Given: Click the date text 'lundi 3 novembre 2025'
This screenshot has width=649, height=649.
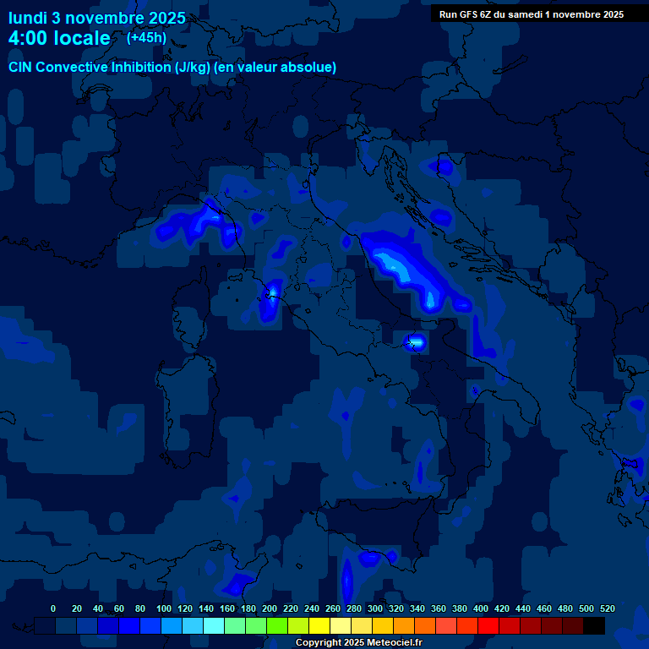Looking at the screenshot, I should (97, 18).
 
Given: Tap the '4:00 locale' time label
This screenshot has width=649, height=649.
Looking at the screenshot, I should (59, 38).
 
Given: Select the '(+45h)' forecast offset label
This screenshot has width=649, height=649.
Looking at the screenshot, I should (147, 38).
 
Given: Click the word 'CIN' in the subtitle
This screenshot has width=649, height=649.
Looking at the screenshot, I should (22, 67).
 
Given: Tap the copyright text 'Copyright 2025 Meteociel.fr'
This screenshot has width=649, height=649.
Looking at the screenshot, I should (358, 643).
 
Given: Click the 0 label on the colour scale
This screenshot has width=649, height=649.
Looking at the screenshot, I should (53, 608).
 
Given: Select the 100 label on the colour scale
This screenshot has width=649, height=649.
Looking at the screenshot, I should (164, 608).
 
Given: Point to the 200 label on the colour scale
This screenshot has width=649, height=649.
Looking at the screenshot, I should (270, 608).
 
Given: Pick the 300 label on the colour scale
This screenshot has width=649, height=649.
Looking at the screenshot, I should (375, 608).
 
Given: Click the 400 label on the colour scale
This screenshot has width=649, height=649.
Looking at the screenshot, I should (481, 608).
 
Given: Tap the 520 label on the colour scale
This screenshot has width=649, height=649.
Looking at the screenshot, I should (608, 608).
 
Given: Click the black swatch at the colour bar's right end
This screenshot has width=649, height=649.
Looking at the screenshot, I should (594, 625).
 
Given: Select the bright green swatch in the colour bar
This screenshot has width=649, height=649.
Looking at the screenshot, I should (277, 625).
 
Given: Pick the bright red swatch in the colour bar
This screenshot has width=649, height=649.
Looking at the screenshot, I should (488, 625).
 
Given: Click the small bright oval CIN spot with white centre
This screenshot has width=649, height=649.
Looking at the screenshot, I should (414, 342).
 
